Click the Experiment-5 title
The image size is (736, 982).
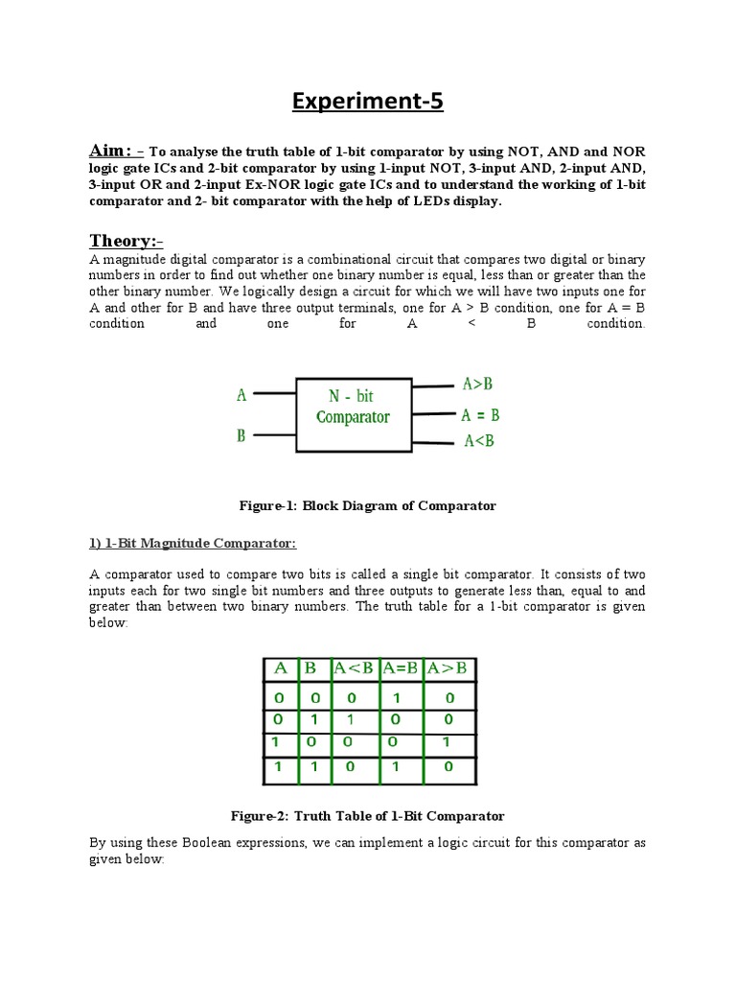pyautogui.click(x=368, y=101)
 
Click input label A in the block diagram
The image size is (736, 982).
pyautogui.click(x=241, y=394)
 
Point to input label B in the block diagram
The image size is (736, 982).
pyautogui.click(x=241, y=435)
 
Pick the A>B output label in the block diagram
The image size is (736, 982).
pyautogui.click(x=477, y=385)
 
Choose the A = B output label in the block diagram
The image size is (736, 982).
pyautogui.click(x=479, y=415)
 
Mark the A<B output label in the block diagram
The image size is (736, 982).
pyautogui.click(x=478, y=441)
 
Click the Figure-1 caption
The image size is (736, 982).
pyautogui.click(x=368, y=505)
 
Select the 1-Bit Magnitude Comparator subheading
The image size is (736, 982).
pyautogui.click(x=194, y=544)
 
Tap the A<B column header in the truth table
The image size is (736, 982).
pyautogui.click(x=356, y=668)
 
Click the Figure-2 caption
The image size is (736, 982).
pyautogui.click(x=368, y=816)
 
